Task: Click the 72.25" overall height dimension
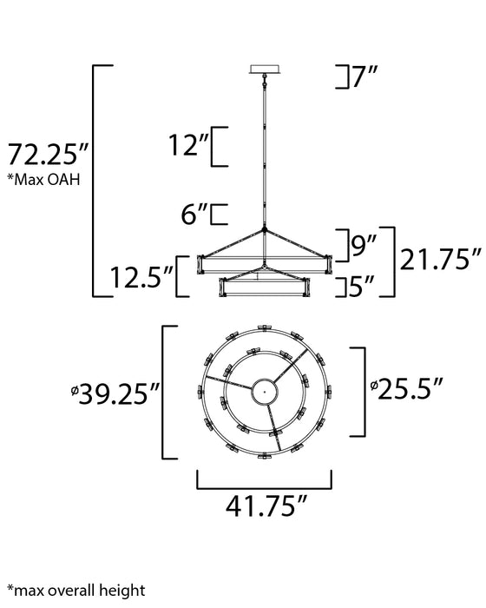click(x=47, y=156)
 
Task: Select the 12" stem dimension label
click(x=191, y=146)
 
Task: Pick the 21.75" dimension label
click(x=440, y=259)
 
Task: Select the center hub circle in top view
click(x=264, y=393)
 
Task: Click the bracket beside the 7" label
click(x=340, y=78)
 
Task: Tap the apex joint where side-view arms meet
click(x=264, y=231)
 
